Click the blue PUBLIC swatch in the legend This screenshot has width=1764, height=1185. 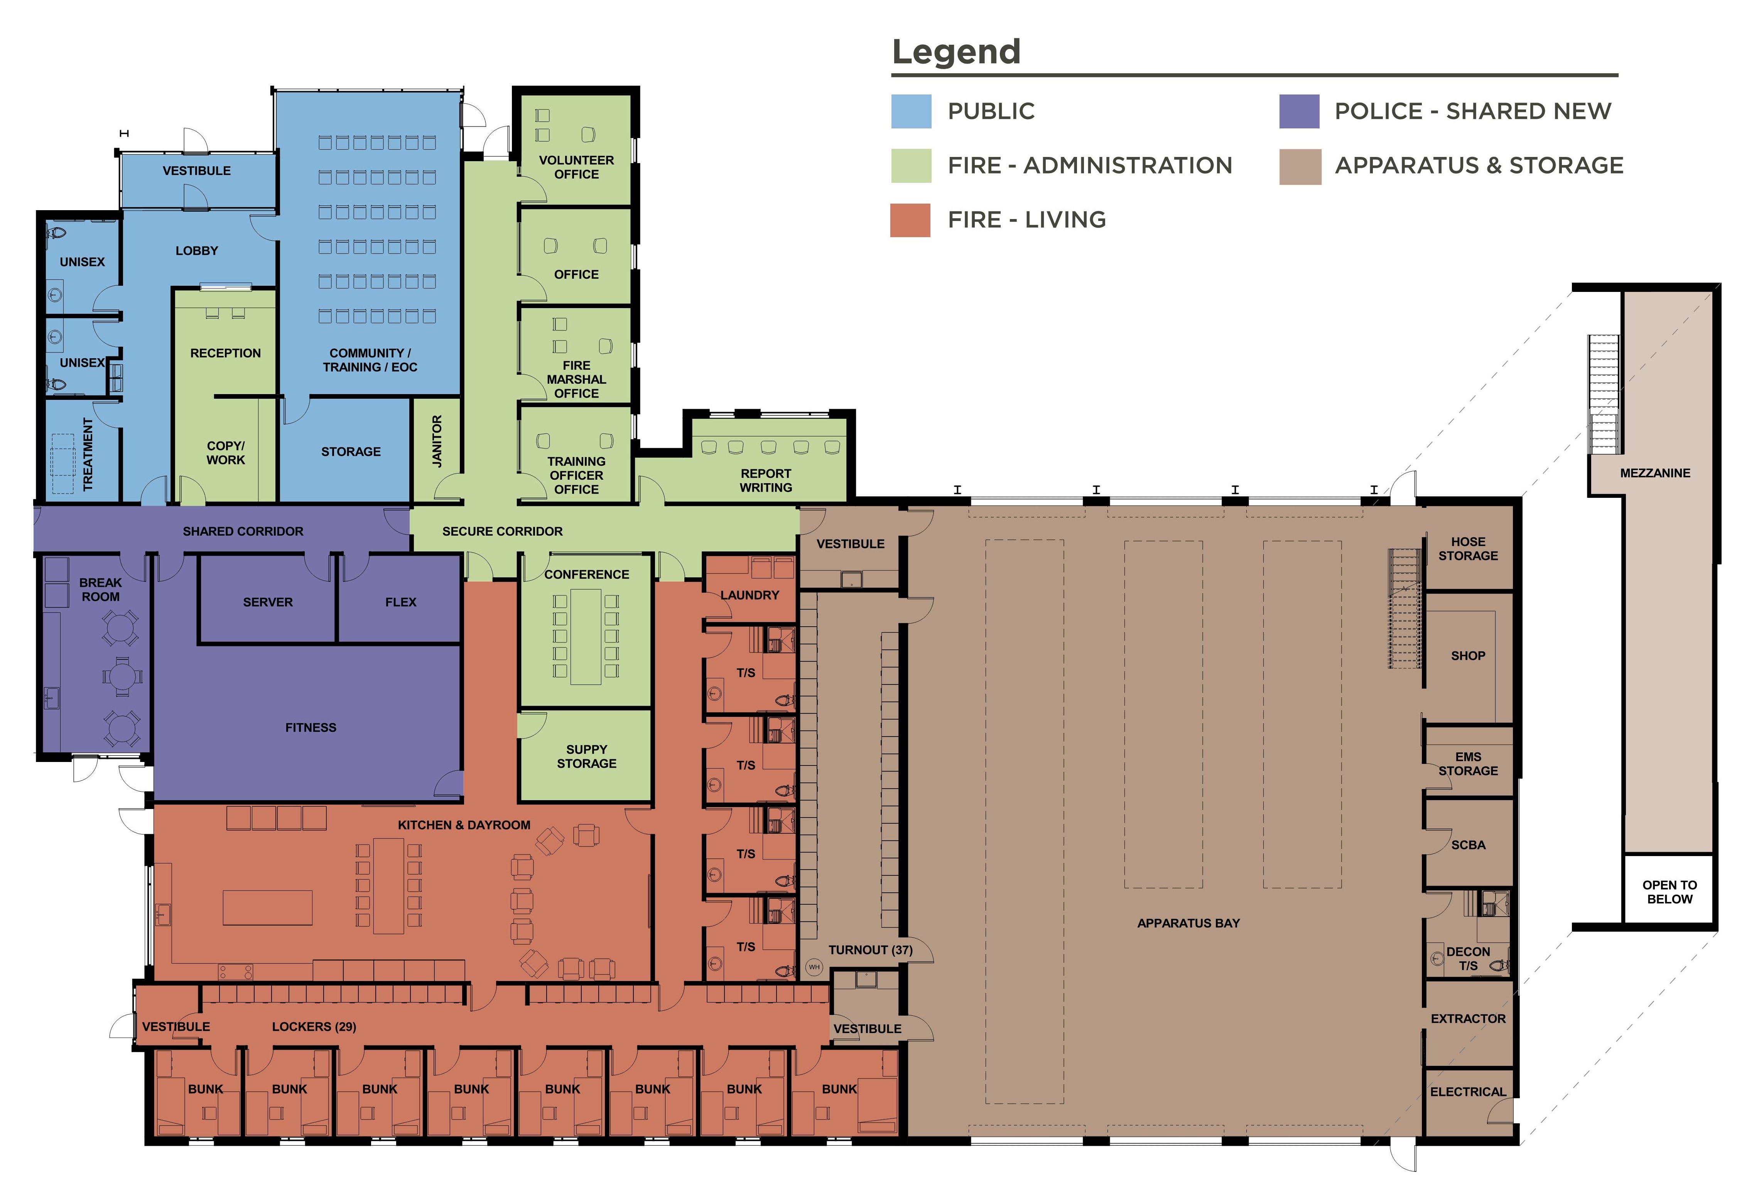coord(911,111)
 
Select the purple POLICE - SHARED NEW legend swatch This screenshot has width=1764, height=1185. coord(1299,111)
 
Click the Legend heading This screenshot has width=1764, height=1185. coord(956,51)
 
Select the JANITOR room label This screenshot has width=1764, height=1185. coord(437,442)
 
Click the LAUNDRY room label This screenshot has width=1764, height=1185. coord(749,595)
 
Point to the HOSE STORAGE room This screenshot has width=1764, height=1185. coord(1468,549)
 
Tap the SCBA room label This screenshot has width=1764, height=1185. coord(1468,845)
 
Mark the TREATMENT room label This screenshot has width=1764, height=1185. coord(88,454)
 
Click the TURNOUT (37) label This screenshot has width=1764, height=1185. coord(870,950)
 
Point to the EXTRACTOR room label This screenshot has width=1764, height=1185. coord(1468,1019)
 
